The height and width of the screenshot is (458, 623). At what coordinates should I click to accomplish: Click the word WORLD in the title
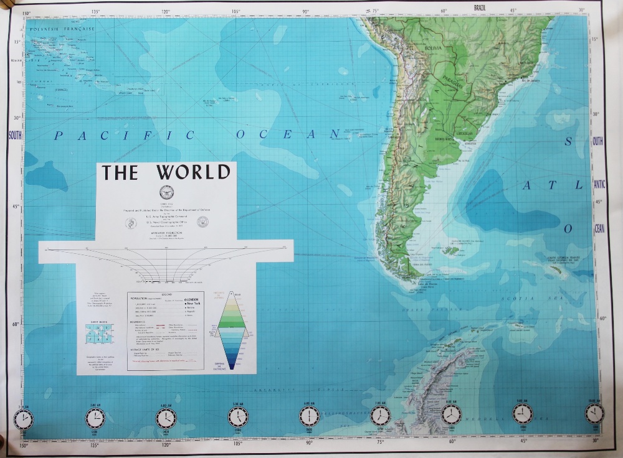coord(192,172)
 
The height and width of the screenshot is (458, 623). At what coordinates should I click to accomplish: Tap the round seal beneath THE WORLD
coord(166,192)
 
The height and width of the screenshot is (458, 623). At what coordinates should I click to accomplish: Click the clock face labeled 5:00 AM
coord(238,416)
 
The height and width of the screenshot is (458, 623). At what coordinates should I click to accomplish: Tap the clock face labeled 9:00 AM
coord(523,413)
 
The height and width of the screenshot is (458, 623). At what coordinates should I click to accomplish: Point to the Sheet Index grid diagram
coord(99,335)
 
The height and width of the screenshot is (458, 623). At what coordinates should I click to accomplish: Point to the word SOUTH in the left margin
coord(16,135)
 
